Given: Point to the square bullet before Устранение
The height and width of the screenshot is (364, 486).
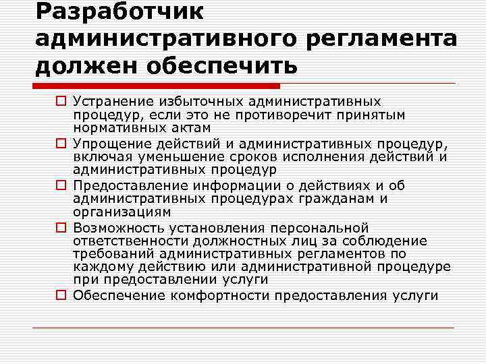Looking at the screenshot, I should [61, 102].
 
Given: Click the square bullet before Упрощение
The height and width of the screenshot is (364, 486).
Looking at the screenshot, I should [61, 143].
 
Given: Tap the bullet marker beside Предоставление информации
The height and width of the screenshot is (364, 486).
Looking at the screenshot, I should [61, 185].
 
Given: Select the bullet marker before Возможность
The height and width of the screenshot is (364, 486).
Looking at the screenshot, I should [61, 228].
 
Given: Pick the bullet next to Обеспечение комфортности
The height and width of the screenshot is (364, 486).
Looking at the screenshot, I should [61, 295].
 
